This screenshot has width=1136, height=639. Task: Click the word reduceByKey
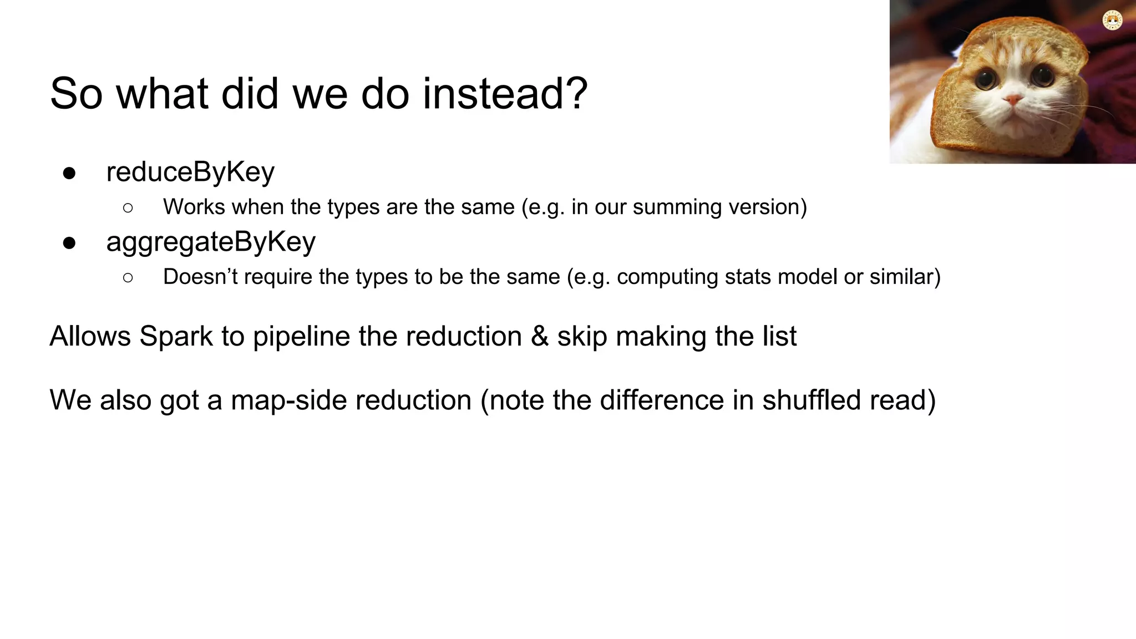(190, 172)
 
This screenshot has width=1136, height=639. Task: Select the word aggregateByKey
(211, 242)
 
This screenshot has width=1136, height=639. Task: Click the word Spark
(176, 336)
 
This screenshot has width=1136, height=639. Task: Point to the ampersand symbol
(539, 336)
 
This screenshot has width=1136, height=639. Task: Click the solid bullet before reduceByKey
(69, 174)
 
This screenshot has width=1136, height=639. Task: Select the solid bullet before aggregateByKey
(69, 243)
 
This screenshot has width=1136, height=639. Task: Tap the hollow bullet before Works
(128, 208)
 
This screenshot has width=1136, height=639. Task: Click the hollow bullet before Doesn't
(128, 277)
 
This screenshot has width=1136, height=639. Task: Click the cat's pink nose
(1013, 100)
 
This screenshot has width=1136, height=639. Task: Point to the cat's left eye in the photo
(986, 78)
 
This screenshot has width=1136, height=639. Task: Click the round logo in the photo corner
(1112, 21)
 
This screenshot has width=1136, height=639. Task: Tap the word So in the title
(76, 94)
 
